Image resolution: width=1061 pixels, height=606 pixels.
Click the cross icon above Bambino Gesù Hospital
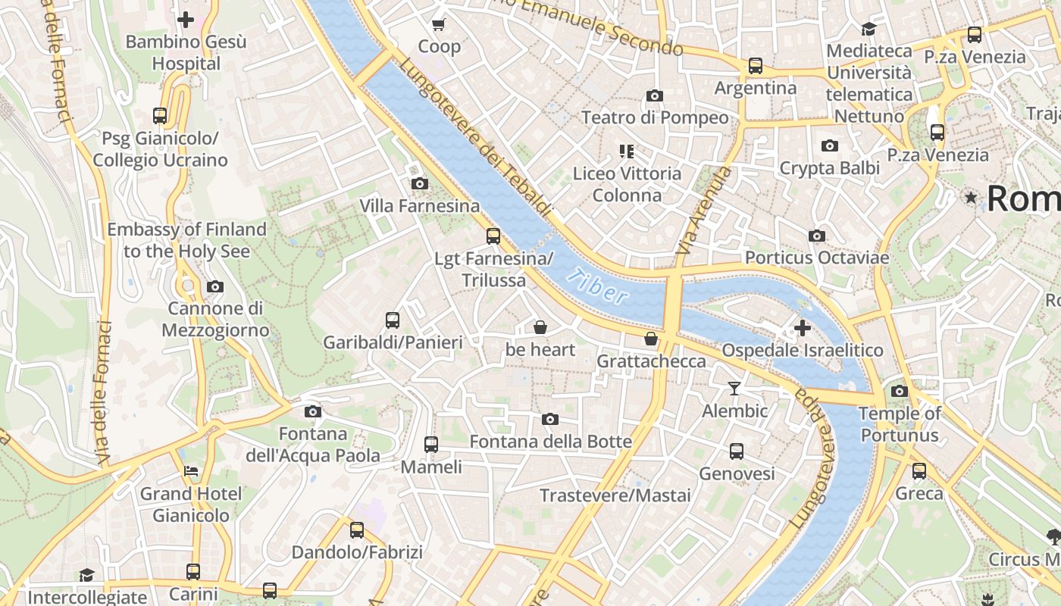[x=186, y=20]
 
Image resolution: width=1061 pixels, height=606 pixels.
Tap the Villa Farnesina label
[x=419, y=206]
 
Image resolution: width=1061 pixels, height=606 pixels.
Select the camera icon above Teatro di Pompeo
[x=655, y=96]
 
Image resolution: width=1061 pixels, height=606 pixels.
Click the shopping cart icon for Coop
[x=438, y=25]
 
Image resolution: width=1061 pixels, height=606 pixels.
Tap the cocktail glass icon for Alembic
[x=734, y=389]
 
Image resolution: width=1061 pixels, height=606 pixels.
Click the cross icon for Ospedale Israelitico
[x=802, y=329]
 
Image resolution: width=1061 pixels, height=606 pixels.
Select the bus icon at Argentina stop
[x=755, y=66]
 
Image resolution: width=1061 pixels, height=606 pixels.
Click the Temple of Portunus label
[x=900, y=424]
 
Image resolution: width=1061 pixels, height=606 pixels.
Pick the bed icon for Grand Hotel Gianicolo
[x=191, y=471]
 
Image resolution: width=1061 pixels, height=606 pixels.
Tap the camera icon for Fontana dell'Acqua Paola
[x=312, y=412]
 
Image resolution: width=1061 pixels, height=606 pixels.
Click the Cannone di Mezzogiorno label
[x=215, y=319]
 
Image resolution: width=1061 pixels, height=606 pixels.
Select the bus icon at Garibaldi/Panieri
[x=392, y=320]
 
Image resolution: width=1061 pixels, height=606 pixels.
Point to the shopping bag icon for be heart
[x=540, y=327]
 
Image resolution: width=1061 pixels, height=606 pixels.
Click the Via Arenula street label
[x=704, y=211]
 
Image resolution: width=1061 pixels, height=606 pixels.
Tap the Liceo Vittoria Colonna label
[x=627, y=184]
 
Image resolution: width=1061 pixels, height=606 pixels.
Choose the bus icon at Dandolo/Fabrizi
[x=356, y=529]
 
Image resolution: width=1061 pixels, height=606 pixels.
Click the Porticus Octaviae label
[x=816, y=258]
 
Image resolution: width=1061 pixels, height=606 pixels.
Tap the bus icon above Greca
[x=919, y=471]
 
